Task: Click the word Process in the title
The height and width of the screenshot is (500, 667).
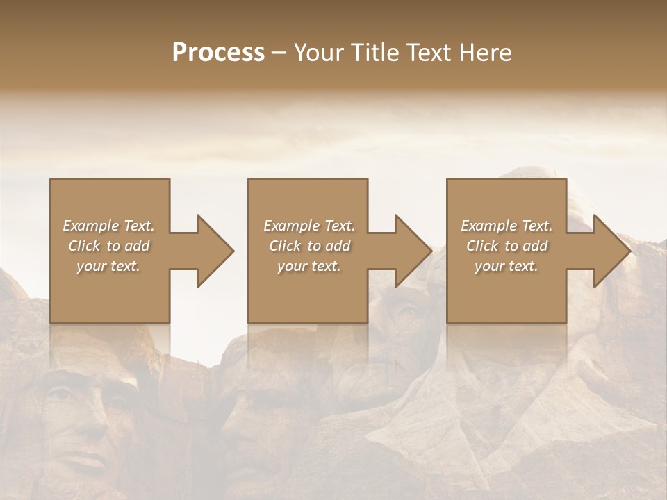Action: pos(218,52)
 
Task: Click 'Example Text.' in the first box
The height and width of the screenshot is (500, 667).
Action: pos(108,226)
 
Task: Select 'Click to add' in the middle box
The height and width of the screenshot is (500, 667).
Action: pos(309,246)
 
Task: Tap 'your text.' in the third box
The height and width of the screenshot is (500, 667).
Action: pos(507,266)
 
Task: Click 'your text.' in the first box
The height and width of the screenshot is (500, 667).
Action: pos(108,266)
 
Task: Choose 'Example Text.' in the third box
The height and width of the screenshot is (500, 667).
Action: pos(507,226)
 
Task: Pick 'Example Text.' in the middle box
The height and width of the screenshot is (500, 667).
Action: pos(309,226)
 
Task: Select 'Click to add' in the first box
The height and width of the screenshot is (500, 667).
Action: pos(108,246)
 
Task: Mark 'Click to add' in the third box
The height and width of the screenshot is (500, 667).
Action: pos(507,246)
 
